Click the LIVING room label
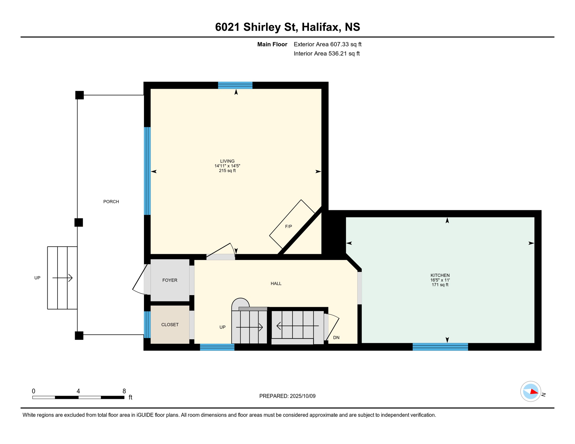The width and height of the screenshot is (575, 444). point(227,161)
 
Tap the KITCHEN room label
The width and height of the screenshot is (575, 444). point(440,275)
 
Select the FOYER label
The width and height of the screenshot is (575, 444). point(170,280)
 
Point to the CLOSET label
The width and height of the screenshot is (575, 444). point(170,325)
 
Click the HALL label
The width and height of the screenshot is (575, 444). point(276,284)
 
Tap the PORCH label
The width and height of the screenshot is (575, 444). point(111,202)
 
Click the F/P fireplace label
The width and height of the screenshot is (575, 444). point(288,227)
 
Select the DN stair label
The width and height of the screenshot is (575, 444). point(336,338)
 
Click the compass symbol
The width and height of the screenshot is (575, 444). point(531,391)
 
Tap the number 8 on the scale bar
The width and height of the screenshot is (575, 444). point(124,391)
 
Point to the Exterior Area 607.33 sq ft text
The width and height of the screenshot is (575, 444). point(327,44)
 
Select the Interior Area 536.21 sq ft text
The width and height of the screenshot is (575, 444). point(327,53)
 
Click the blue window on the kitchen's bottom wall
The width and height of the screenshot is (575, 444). point(440,347)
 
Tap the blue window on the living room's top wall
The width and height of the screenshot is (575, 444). point(235,85)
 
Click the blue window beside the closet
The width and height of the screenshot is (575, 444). point(147,325)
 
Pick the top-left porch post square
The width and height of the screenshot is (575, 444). point(80,95)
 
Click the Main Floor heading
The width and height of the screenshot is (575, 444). point(272,44)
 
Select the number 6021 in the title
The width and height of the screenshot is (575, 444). point(228,27)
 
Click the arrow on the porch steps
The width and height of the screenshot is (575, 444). point(62,278)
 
